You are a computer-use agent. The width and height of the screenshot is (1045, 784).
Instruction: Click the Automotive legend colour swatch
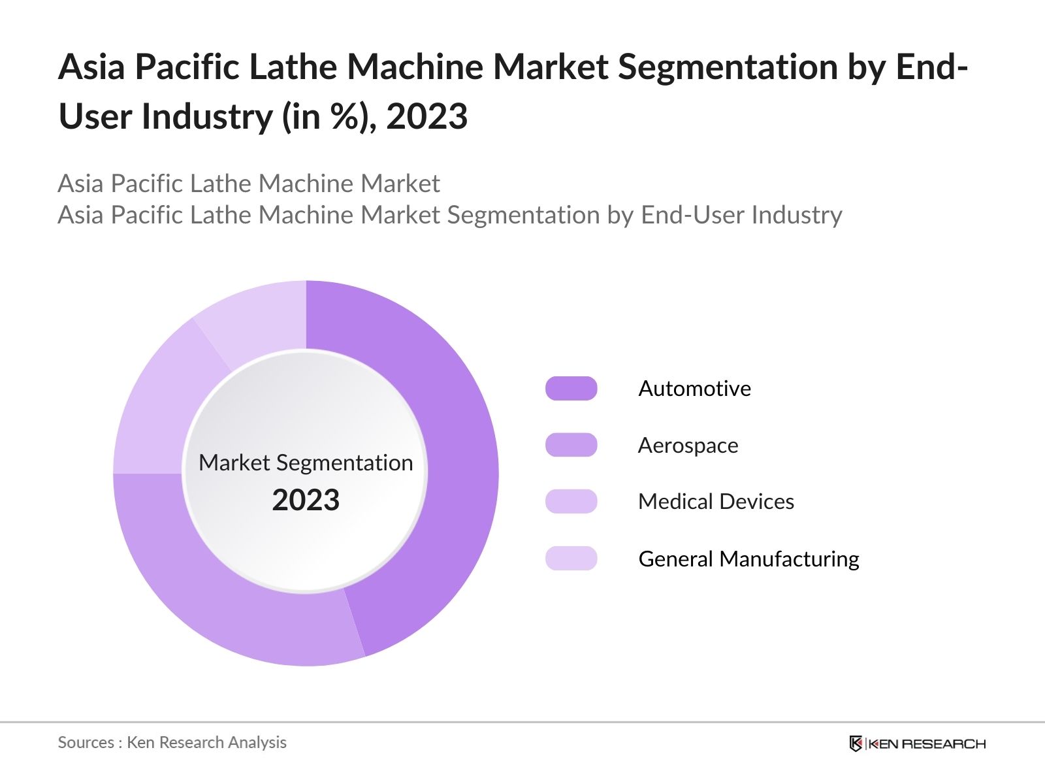click(571, 389)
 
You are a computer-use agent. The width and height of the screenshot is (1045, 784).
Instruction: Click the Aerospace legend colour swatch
click(571, 445)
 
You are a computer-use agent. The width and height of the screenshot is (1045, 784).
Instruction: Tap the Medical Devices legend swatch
click(571, 502)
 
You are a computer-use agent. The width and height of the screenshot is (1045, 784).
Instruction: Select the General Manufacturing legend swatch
click(571, 559)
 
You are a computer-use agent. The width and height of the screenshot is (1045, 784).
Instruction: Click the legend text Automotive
click(694, 389)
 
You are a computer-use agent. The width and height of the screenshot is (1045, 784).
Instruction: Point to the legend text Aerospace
click(688, 446)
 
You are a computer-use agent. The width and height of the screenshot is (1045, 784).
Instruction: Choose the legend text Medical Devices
click(716, 502)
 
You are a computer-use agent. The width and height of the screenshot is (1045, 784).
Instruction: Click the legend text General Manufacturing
click(748, 559)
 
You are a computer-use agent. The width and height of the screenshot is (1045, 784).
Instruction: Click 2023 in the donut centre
click(306, 500)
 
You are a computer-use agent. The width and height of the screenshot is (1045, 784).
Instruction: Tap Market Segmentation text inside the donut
click(306, 463)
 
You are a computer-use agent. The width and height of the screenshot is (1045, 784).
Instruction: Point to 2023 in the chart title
click(426, 117)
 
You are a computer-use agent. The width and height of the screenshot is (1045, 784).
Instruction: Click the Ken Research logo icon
click(856, 743)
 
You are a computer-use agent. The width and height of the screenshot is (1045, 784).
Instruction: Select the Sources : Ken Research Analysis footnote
click(172, 743)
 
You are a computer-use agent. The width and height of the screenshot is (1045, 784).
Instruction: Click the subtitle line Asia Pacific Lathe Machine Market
click(248, 184)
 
